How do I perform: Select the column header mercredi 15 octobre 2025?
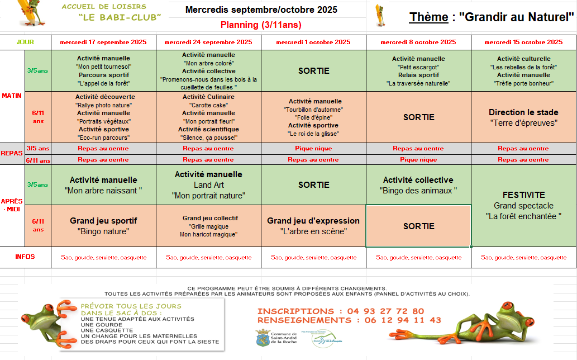(x=523, y=42)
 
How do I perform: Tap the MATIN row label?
(x=11, y=96)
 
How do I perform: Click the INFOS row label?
(x=25, y=257)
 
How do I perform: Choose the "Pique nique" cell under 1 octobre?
(x=313, y=149)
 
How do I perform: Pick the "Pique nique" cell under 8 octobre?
(x=418, y=160)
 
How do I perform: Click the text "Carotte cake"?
(x=208, y=105)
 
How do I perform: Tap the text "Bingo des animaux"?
(x=418, y=191)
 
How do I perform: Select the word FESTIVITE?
(x=523, y=195)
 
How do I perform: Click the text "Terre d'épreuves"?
(x=523, y=122)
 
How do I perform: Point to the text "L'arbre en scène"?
(x=313, y=231)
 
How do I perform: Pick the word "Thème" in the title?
(x=429, y=17)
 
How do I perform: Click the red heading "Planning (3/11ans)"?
(x=261, y=25)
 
